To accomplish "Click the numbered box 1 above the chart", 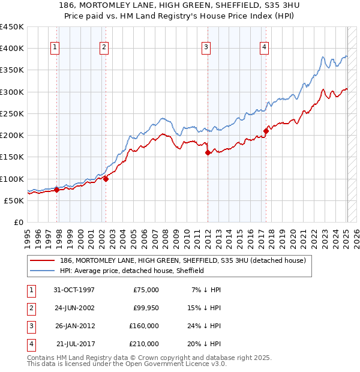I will [55, 48].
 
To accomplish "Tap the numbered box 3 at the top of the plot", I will [206, 48].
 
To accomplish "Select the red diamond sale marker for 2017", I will [266, 130].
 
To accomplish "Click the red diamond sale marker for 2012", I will [208, 152].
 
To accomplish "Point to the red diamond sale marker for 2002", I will [106, 178].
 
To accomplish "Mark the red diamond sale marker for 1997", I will [56, 190].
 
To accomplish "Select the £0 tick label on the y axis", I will [17, 222].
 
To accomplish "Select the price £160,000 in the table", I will [144, 326].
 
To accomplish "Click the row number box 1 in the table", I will [31, 290].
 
